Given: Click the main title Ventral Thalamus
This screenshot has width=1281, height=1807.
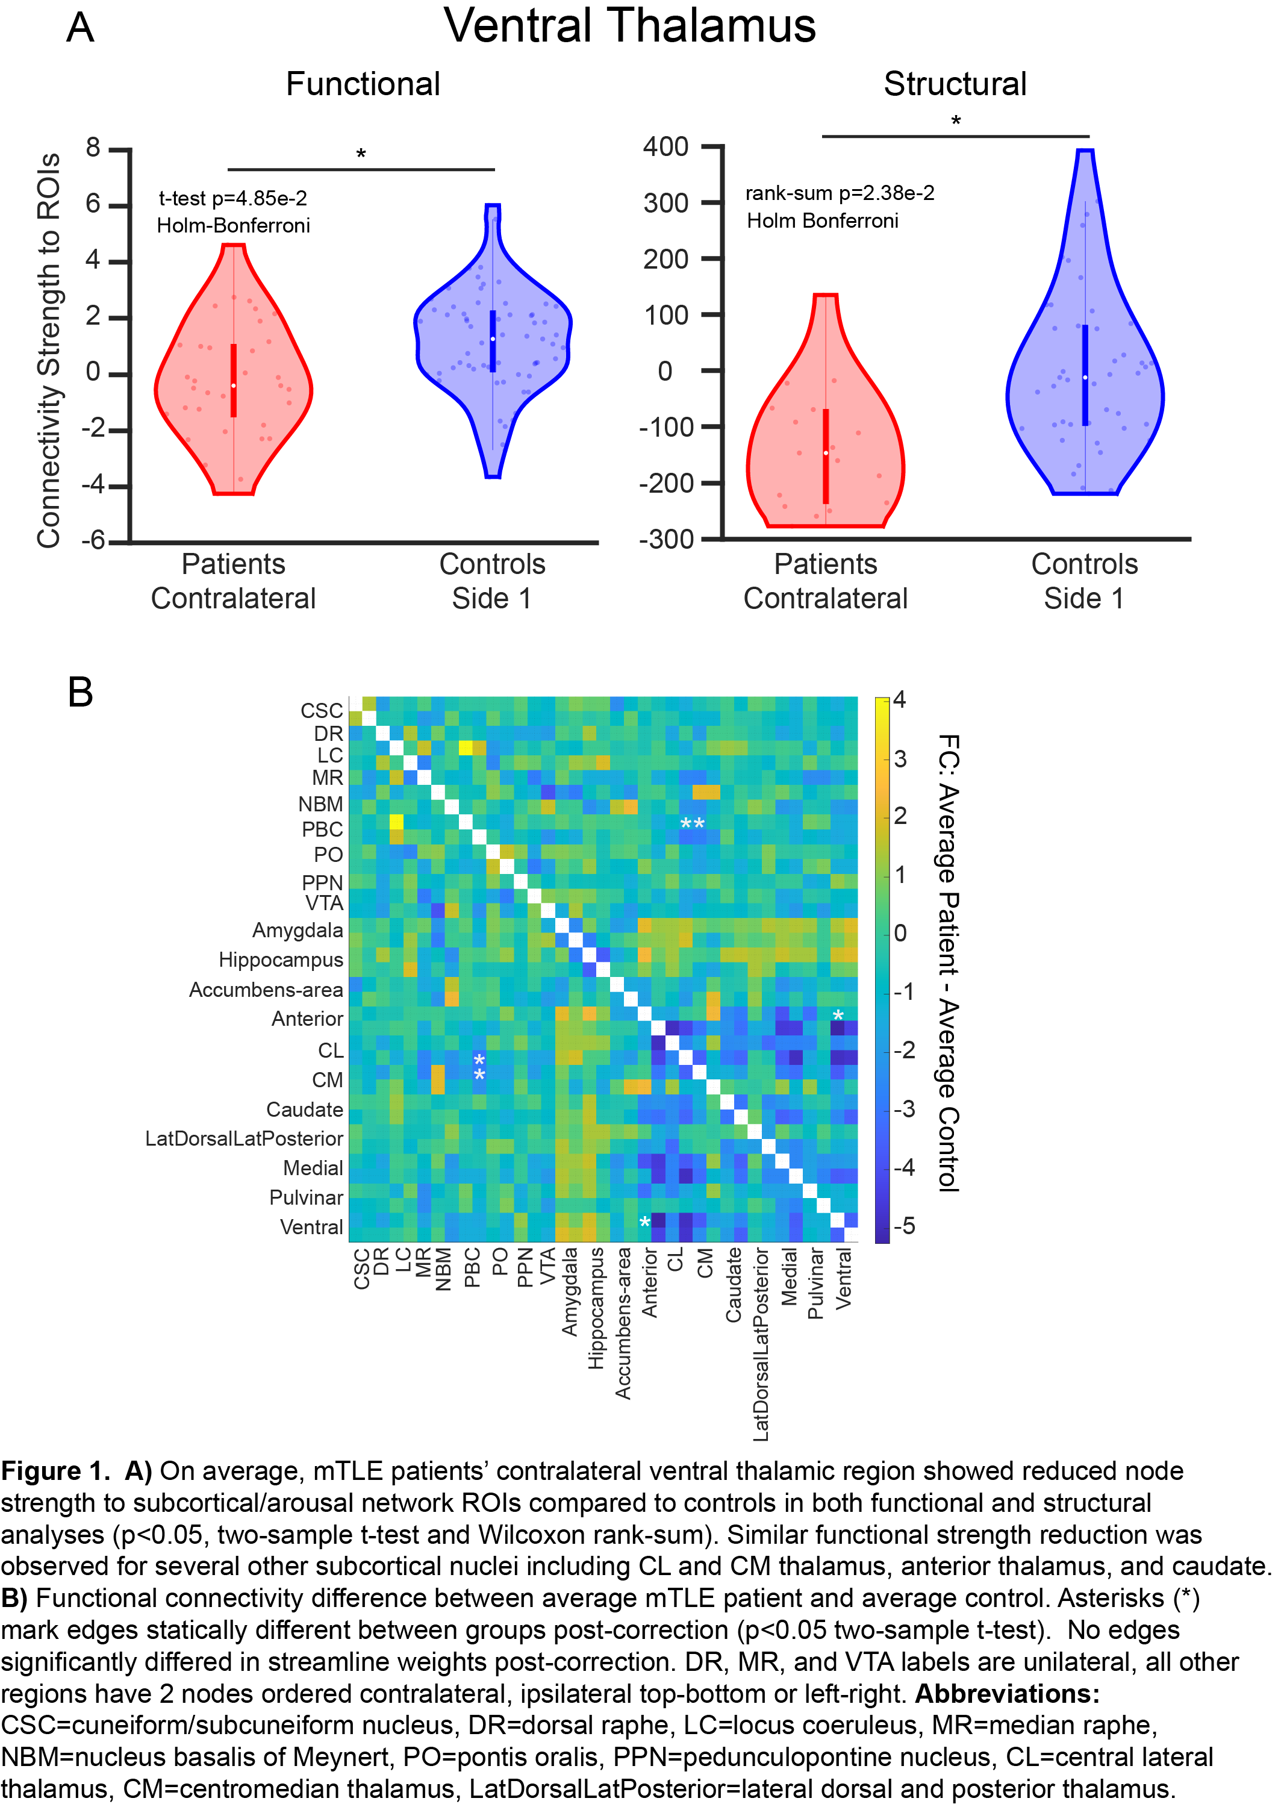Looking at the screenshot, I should pyautogui.click(x=629, y=26).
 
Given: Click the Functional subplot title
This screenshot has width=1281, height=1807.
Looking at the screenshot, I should pyautogui.click(x=362, y=84).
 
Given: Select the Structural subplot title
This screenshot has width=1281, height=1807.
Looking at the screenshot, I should pyautogui.click(x=955, y=84).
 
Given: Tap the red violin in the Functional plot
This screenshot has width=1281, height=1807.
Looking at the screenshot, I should pyautogui.click(x=234, y=379).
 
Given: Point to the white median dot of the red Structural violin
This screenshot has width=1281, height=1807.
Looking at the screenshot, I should pyautogui.click(x=826, y=453).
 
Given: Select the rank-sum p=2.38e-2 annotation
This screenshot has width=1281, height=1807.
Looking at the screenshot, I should pyautogui.click(x=840, y=193).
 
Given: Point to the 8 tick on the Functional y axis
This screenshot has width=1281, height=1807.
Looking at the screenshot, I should pyautogui.click(x=93, y=148).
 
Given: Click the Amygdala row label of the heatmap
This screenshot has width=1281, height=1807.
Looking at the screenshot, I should pyautogui.click(x=298, y=931).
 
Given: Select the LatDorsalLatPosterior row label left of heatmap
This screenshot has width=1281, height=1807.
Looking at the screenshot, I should pyautogui.click(x=244, y=1138).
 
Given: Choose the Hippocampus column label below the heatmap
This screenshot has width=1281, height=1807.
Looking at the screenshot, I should pyautogui.click(x=596, y=1308).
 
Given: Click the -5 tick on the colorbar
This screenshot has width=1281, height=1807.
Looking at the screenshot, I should pyautogui.click(x=905, y=1226).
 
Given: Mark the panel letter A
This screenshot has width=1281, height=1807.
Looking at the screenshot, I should pyautogui.click(x=81, y=28).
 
